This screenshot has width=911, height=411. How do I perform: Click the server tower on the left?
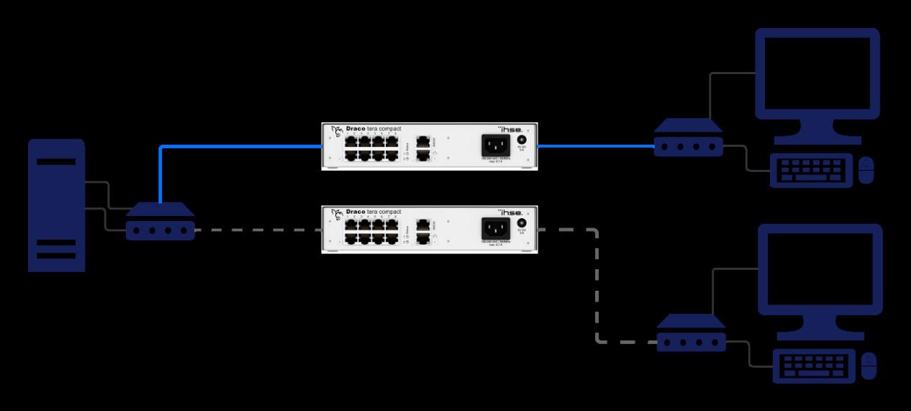click(56, 205)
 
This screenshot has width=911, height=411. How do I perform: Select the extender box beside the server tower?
click(160, 222)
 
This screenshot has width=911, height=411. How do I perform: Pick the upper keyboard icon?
click(811, 171)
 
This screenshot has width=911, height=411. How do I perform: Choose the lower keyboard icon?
click(814, 366)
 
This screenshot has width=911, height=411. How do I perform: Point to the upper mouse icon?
click(866, 170)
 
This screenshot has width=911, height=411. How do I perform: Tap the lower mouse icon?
click(869, 366)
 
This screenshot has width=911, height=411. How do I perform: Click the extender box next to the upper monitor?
click(688, 138)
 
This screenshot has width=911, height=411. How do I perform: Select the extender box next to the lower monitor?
click(691, 333)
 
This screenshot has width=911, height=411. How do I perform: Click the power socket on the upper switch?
click(495, 145)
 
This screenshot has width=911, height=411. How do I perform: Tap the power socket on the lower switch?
click(495, 228)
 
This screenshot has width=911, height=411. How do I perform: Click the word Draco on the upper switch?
click(355, 129)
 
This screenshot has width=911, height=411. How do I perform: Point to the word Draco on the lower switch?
click(355, 212)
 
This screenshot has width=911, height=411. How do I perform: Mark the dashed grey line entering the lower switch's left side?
click(259, 230)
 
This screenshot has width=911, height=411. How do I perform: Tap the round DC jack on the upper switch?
click(522, 140)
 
